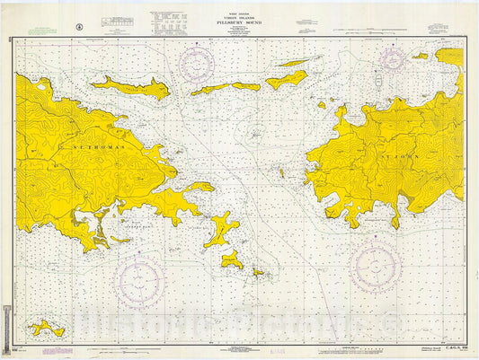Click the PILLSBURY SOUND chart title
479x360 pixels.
pyautogui.click(x=237, y=23)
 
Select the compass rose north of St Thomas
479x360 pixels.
pyautogui.click(x=197, y=64)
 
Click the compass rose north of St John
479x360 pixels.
pyautogui.click(x=393, y=59)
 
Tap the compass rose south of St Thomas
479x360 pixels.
pyautogui.click(x=138, y=273)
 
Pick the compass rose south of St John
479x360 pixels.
pyautogui.click(x=376, y=266)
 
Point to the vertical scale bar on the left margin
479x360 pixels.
pyautogui.click(x=6, y=321)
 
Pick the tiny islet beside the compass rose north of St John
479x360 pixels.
pyautogui.click(x=420, y=56)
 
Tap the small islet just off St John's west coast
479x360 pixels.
pyautogui.click(x=322, y=105)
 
